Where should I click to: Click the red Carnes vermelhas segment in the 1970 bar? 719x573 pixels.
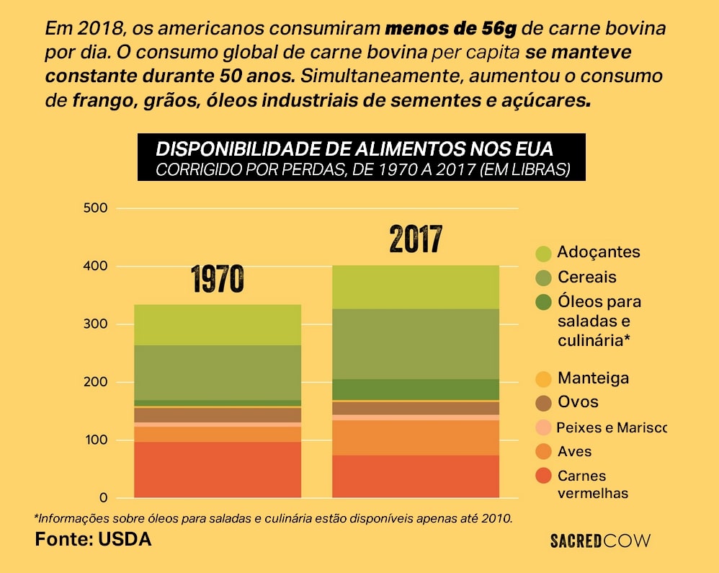tap(218, 469)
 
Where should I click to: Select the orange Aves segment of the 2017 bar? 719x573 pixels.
tap(416, 437)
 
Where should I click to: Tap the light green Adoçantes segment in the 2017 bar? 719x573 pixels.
tap(416, 287)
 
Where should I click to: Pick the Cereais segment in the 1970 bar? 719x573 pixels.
tap(218, 372)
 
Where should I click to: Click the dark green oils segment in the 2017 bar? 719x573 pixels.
tap(416, 389)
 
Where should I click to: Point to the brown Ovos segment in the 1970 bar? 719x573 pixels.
tap(218, 414)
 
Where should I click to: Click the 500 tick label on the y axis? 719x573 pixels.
tap(97, 208)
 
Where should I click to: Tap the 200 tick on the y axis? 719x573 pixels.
tap(97, 382)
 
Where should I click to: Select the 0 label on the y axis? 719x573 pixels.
tap(102, 498)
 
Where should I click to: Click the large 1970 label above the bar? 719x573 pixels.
tap(218, 280)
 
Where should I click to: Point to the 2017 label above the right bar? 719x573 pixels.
tap(416, 240)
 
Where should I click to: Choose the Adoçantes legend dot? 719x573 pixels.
tap(544, 253)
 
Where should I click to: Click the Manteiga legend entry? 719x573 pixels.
tap(593, 378)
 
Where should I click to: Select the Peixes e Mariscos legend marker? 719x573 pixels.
tap(544, 427)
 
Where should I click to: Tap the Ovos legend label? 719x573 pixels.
tap(578, 402)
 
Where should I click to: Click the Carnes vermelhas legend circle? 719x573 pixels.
tap(544, 476)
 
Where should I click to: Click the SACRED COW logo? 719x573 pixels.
tap(600, 541)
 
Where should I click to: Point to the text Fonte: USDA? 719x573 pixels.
tap(94, 539)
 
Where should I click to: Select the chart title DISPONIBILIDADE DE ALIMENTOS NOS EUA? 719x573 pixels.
tap(354, 149)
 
